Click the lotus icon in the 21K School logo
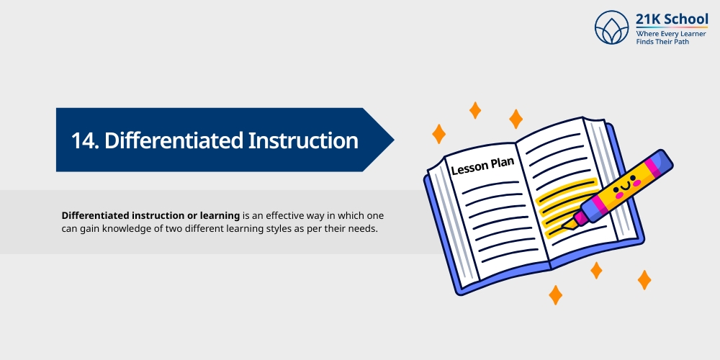pyautogui.click(x=612, y=28)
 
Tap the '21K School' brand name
pyautogui.click(x=672, y=19)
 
